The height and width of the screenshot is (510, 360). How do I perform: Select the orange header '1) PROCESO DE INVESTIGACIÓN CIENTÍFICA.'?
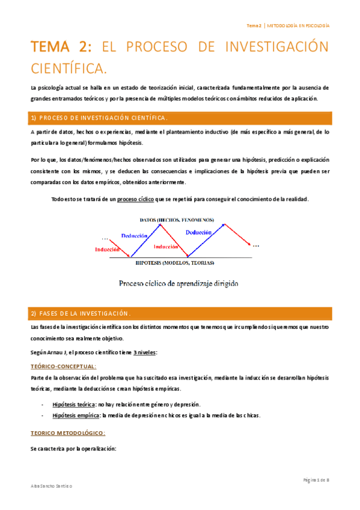point(99,117)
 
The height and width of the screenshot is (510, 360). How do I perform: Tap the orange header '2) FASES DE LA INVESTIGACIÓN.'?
point(81,313)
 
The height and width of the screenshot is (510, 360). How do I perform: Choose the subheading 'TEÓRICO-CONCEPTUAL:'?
point(63,366)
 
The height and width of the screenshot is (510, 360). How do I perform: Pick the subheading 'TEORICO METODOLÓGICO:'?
point(67,432)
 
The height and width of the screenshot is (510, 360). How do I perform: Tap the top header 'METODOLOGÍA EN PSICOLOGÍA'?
point(298,26)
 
